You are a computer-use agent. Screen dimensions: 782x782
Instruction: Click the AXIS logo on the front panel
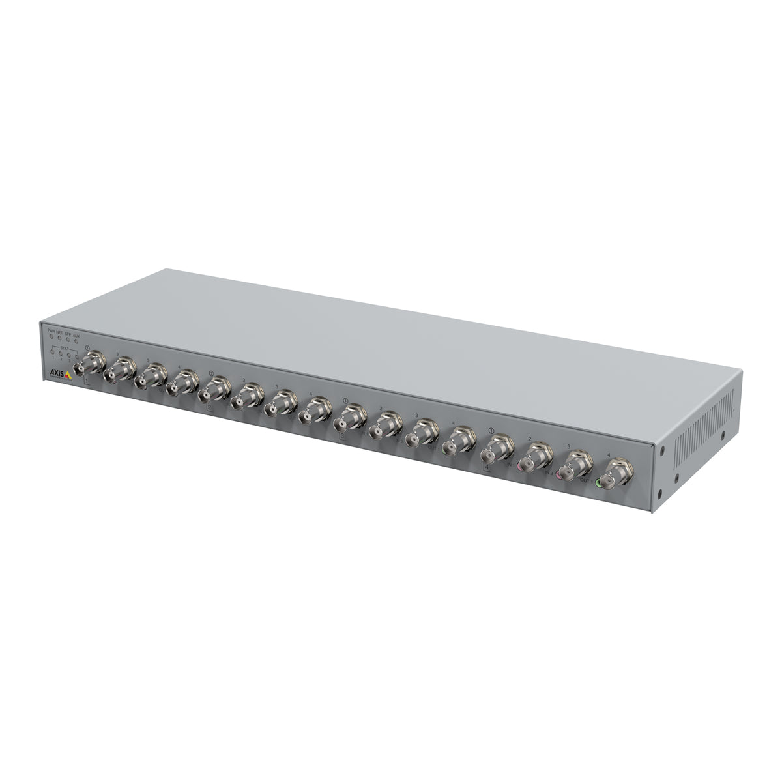(x=57, y=372)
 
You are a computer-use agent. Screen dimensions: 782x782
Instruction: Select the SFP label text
(x=68, y=334)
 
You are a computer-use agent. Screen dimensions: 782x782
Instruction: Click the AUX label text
(x=76, y=336)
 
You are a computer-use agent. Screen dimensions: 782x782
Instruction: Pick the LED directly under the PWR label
(x=51, y=338)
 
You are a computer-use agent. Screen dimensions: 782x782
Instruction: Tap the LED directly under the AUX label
(x=76, y=342)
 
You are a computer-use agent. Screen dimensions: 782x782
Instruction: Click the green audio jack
(x=599, y=483)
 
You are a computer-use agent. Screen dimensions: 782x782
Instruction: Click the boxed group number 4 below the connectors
(x=487, y=467)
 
